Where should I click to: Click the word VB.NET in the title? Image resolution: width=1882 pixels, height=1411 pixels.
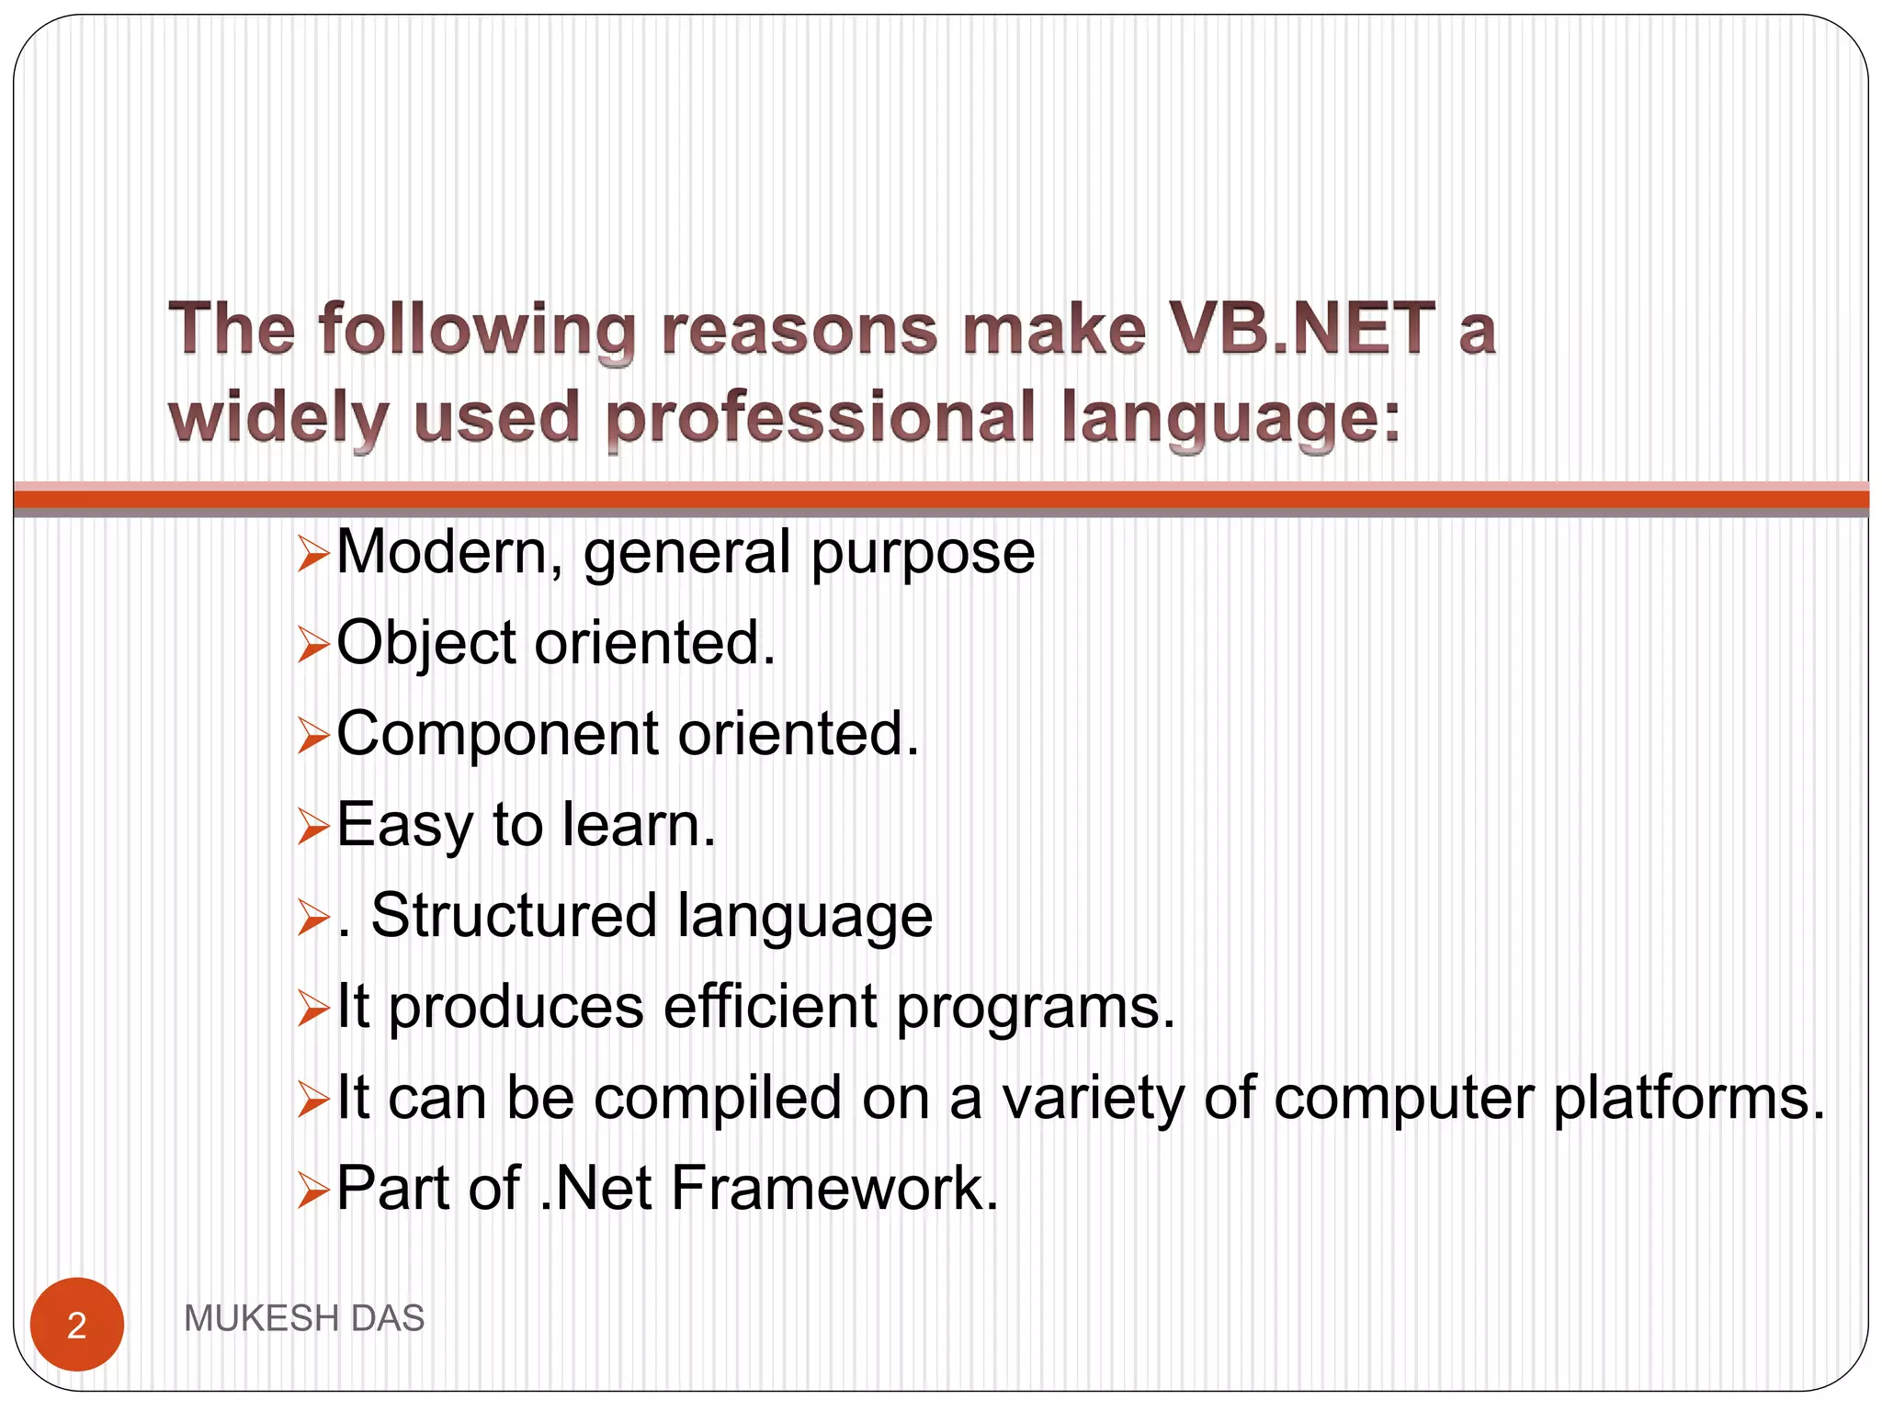point(1300,329)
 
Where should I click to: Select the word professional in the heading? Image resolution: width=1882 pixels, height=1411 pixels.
point(821,418)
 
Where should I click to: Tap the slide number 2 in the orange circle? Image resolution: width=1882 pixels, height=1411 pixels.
point(77,1325)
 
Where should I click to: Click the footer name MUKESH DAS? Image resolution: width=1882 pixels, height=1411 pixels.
point(304,1318)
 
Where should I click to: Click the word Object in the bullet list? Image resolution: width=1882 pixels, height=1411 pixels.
point(426,643)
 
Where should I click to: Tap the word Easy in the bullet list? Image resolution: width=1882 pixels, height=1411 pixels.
point(404,825)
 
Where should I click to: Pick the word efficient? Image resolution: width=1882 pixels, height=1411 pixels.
point(770,1007)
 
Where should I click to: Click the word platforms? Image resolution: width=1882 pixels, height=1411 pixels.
point(1689,1099)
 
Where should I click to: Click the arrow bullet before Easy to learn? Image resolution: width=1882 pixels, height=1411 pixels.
point(313,827)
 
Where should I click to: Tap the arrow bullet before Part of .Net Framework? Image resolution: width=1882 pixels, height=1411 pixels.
point(313,1191)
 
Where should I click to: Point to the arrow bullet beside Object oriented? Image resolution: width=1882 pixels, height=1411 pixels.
point(313,645)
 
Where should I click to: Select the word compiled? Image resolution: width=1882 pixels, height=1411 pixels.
point(718,1099)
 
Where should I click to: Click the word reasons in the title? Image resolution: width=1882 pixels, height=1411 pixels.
point(799,329)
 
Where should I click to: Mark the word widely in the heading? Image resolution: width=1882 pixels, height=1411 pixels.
point(279,418)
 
